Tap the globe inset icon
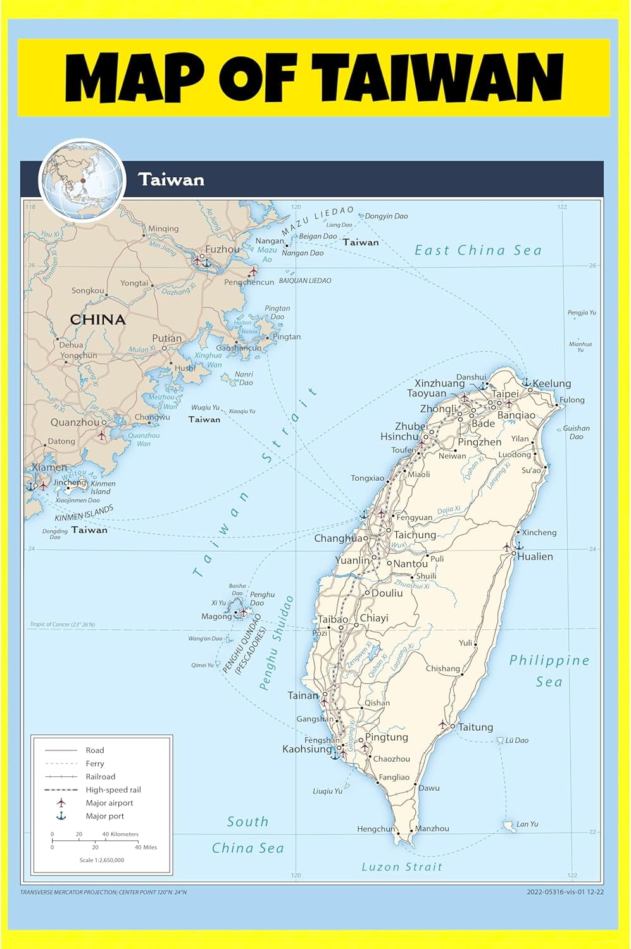pos(82,180)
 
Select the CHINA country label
pos(97,319)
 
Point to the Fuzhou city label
pos(223,249)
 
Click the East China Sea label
pos(478,251)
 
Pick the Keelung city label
pos(552,383)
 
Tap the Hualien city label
pos(535,557)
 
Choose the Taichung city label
pos(415,535)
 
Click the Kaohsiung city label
pos(307,749)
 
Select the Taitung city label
pos(475,727)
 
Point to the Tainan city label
pos(303,695)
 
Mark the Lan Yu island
pos(509,826)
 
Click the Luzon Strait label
pos(402,867)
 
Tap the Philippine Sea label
pos(549,671)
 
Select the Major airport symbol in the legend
pos(61,803)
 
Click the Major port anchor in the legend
pos(61,816)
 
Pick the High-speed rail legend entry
pos(113,790)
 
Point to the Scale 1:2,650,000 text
pos(102,860)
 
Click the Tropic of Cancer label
pos(62,624)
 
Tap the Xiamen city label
pos(49,467)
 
